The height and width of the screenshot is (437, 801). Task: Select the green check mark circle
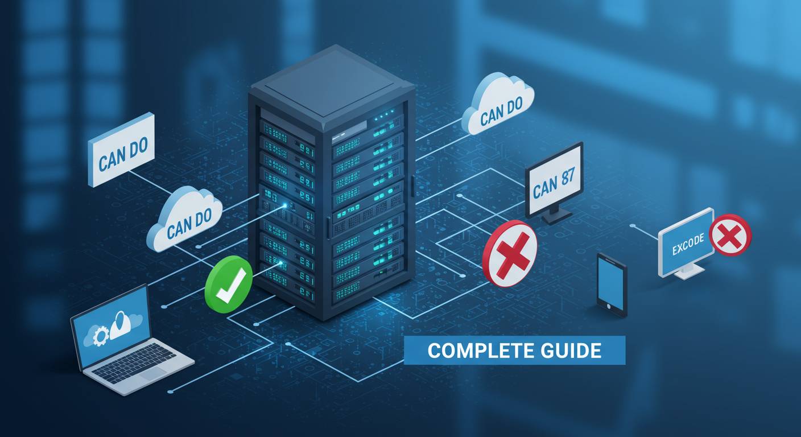point(228,284)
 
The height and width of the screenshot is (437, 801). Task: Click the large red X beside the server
point(510,254)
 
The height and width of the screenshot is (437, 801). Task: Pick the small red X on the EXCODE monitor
point(730,235)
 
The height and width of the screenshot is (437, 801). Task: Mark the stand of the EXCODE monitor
point(688,271)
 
